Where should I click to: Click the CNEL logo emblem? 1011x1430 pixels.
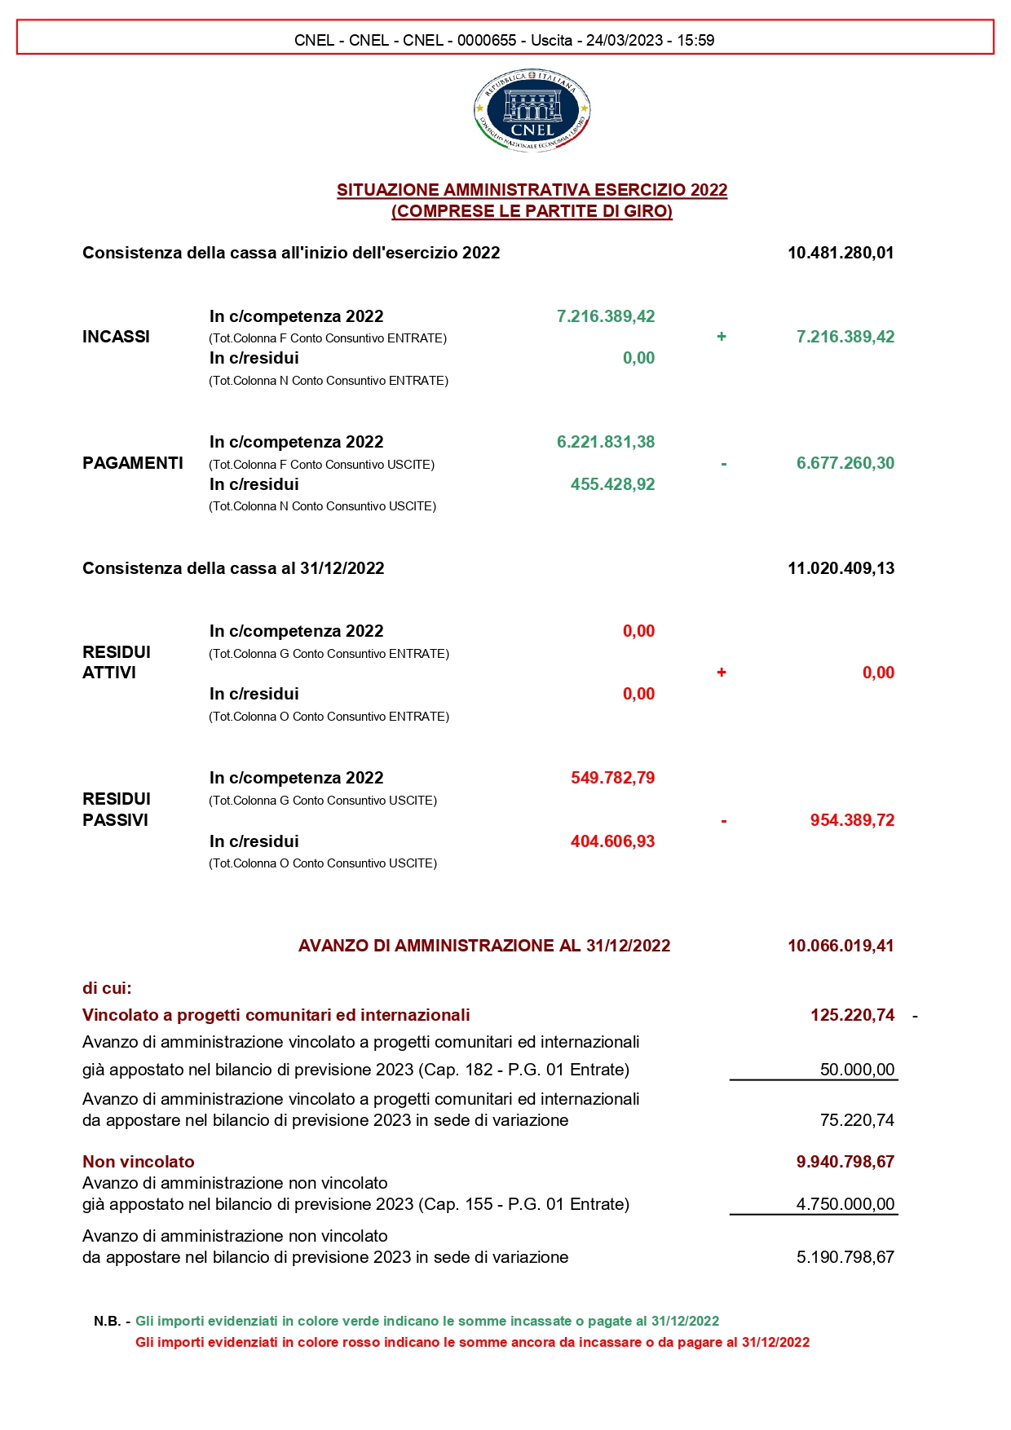coord(532,110)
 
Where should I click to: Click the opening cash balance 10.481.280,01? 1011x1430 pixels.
coord(841,253)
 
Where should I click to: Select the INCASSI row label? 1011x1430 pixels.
coord(116,337)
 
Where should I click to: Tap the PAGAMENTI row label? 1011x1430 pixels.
coord(133,463)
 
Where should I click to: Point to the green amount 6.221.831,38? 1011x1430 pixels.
coord(606,442)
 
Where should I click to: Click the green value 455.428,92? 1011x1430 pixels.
coord(612,484)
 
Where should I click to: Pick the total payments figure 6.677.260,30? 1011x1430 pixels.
coord(845,463)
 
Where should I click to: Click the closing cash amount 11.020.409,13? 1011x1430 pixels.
coord(841,568)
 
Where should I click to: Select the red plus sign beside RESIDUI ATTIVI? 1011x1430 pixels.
coord(722,673)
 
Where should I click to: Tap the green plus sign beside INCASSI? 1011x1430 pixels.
coord(722,337)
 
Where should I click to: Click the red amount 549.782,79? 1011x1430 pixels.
coord(612,778)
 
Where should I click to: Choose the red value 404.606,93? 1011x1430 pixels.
coord(612,841)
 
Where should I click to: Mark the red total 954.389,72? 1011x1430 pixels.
coord(852,820)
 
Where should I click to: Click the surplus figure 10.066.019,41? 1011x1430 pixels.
coord(841,946)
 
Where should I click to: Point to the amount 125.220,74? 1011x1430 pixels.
coord(852,1015)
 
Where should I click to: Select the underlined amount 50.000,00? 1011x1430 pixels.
coord(857,1070)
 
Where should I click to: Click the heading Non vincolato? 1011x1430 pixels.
coord(139,1162)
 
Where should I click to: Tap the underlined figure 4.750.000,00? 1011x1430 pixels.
coord(845,1204)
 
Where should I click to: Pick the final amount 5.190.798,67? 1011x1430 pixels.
coord(845,1257)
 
